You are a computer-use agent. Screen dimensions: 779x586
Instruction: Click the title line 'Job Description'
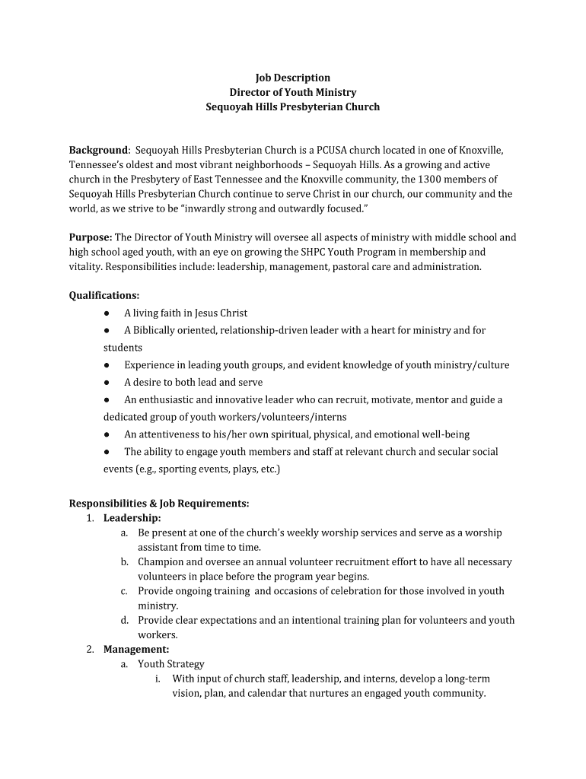[293, 78]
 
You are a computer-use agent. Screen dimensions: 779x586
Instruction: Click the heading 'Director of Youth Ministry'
[293, 92]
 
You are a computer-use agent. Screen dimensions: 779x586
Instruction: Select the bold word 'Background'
[98, 151]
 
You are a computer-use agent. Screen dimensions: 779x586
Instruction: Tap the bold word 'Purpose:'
[91, 237]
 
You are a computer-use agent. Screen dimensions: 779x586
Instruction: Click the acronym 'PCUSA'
[339, 151]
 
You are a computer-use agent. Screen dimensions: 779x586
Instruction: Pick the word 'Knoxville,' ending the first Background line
[481, 151]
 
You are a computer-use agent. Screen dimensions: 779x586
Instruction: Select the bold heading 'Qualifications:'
[104, 295]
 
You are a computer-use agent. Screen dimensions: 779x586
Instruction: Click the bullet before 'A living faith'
[108, 313]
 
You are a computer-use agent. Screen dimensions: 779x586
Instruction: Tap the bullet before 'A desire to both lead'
[108, 383]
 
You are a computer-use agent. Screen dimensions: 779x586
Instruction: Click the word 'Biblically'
[158, 330]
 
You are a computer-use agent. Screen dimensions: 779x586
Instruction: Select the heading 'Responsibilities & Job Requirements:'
[159, 504]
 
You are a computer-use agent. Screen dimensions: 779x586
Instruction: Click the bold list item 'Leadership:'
[132, 518]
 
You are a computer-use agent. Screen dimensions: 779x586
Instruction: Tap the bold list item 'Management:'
[136, 649]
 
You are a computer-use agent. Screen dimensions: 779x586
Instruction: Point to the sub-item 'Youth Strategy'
[171, 664]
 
